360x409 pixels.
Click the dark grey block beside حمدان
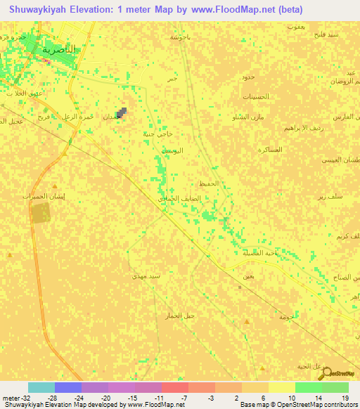coord(122,112)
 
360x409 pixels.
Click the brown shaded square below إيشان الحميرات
coord(41,214)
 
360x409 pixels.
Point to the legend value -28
coord(52,398)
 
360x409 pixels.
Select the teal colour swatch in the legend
coord(41,387)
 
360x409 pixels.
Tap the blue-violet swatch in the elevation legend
coord(67,387)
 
